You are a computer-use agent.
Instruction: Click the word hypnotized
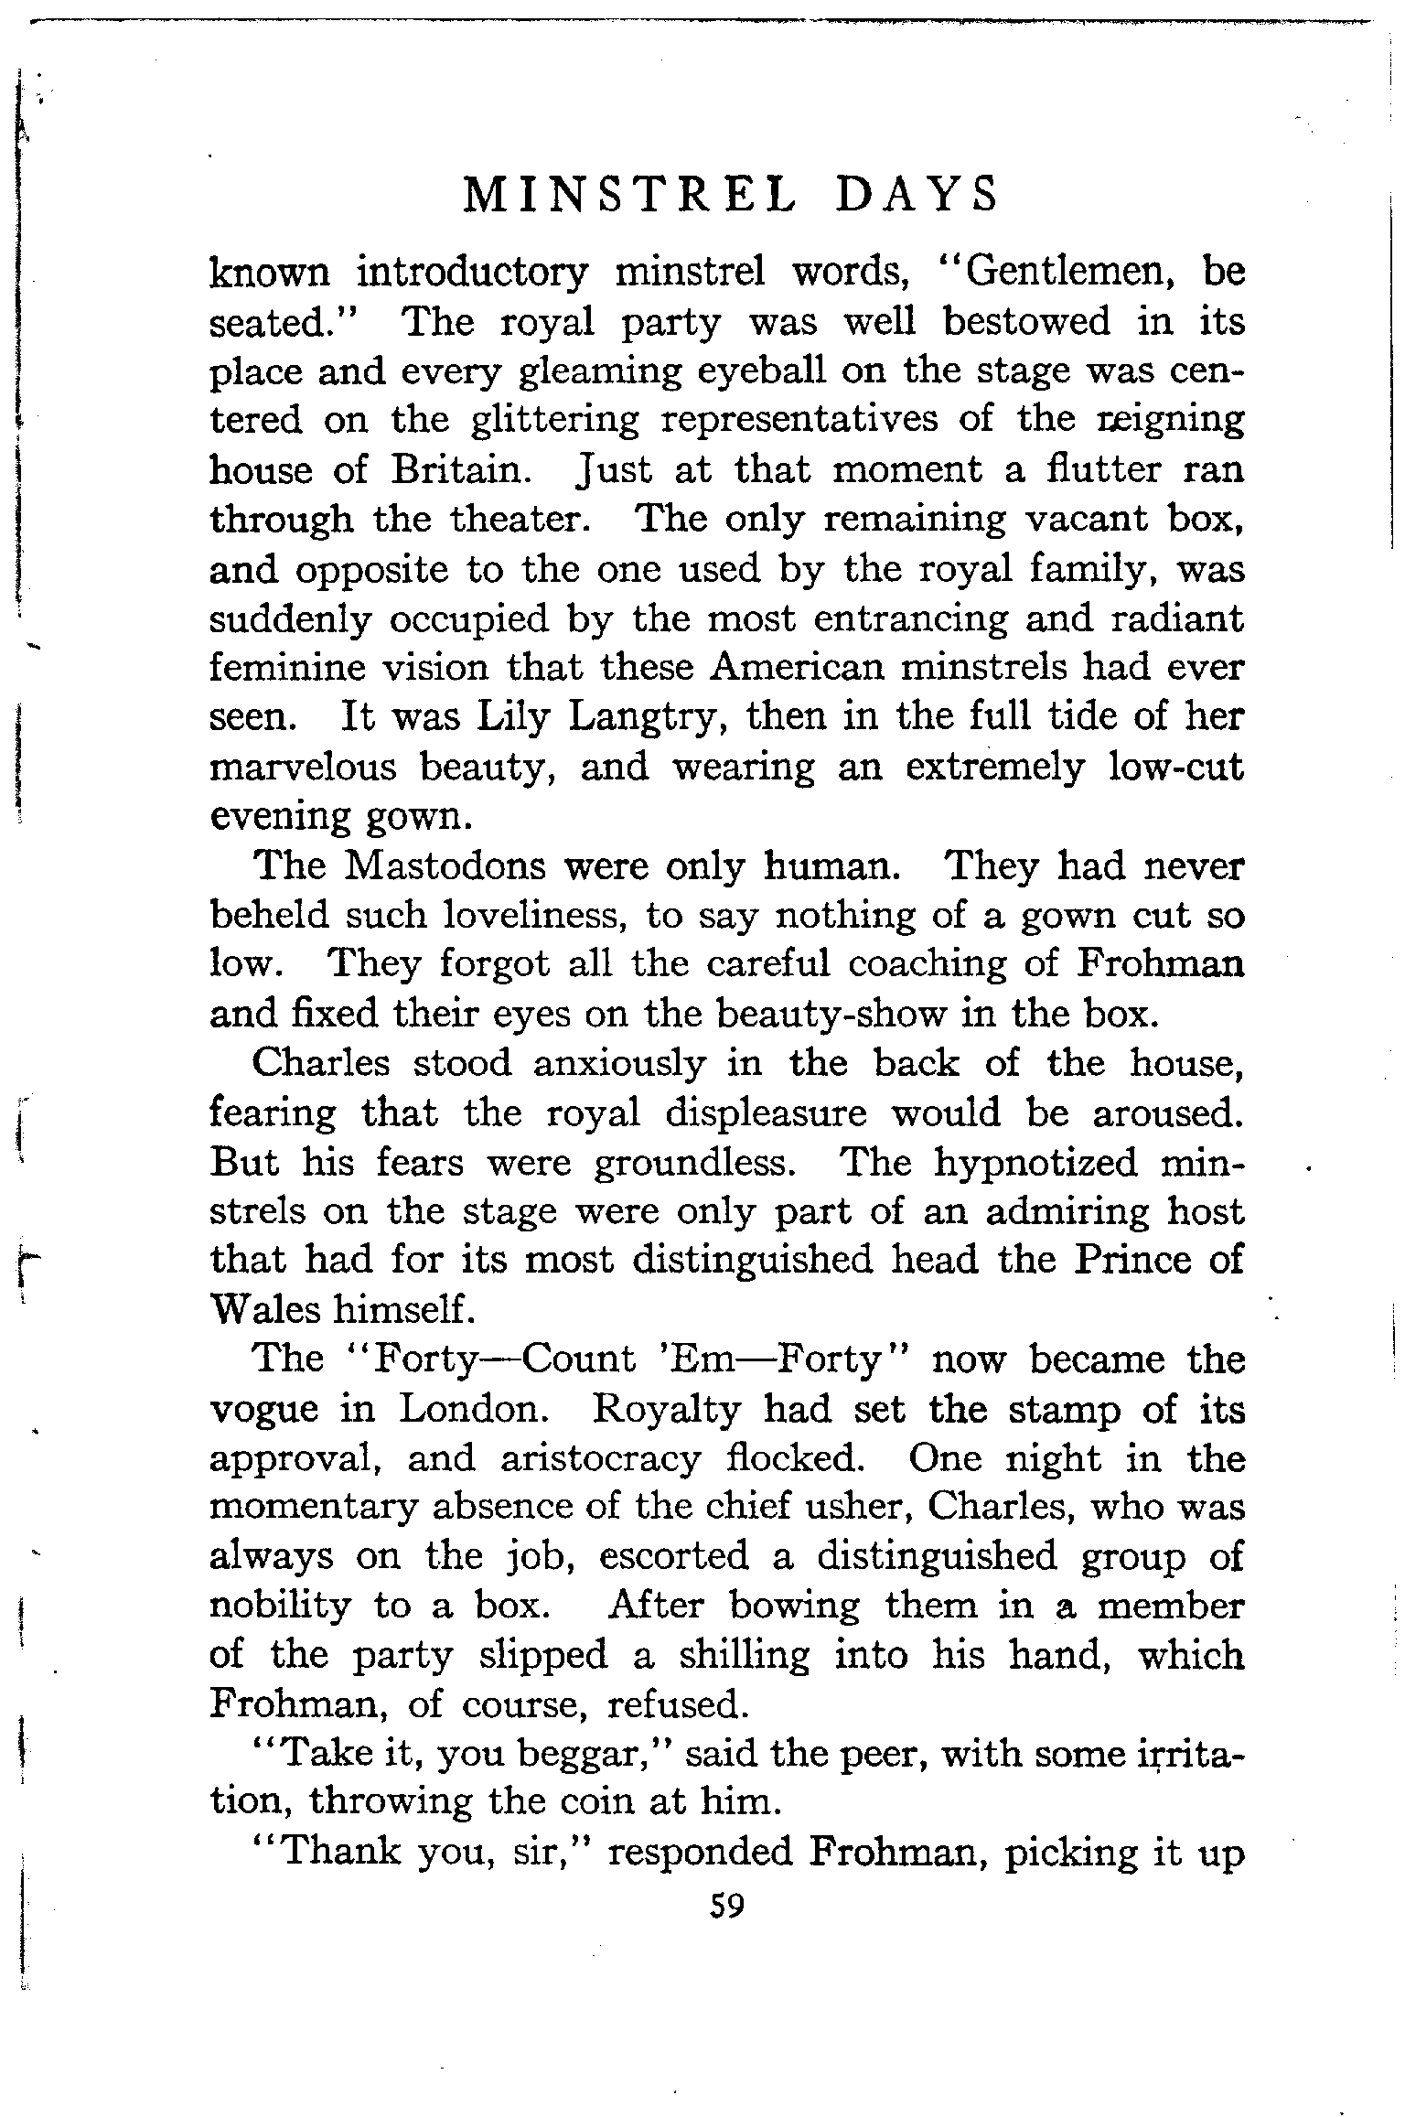(x=1035, y=1163)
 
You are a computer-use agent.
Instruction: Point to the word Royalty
(x=666, y=1410)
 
